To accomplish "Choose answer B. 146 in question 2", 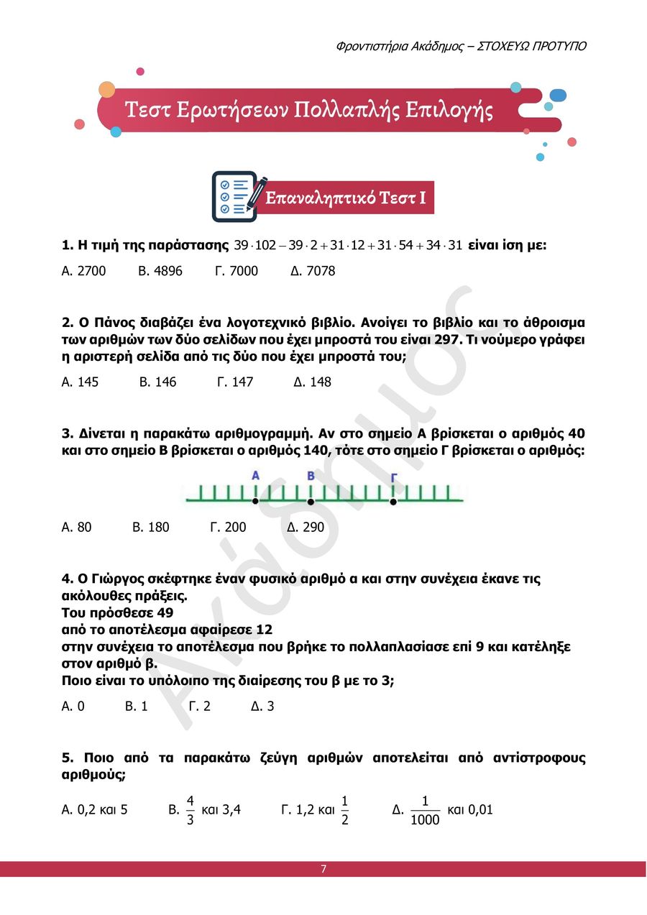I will coord(157,382).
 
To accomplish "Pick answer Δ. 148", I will coord(313,382).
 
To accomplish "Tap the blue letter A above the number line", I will coord(255,475).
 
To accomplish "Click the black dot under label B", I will coord(311,502).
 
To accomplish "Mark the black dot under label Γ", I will coord(393,502).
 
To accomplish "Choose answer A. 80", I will coord(77,527).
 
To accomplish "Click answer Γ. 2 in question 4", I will coord(200,706).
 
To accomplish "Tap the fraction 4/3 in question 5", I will coord(191,810).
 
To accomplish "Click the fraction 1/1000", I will coord(425,810).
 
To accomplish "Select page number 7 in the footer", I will coord(323,869).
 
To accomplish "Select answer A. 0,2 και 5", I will coord(95,809).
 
